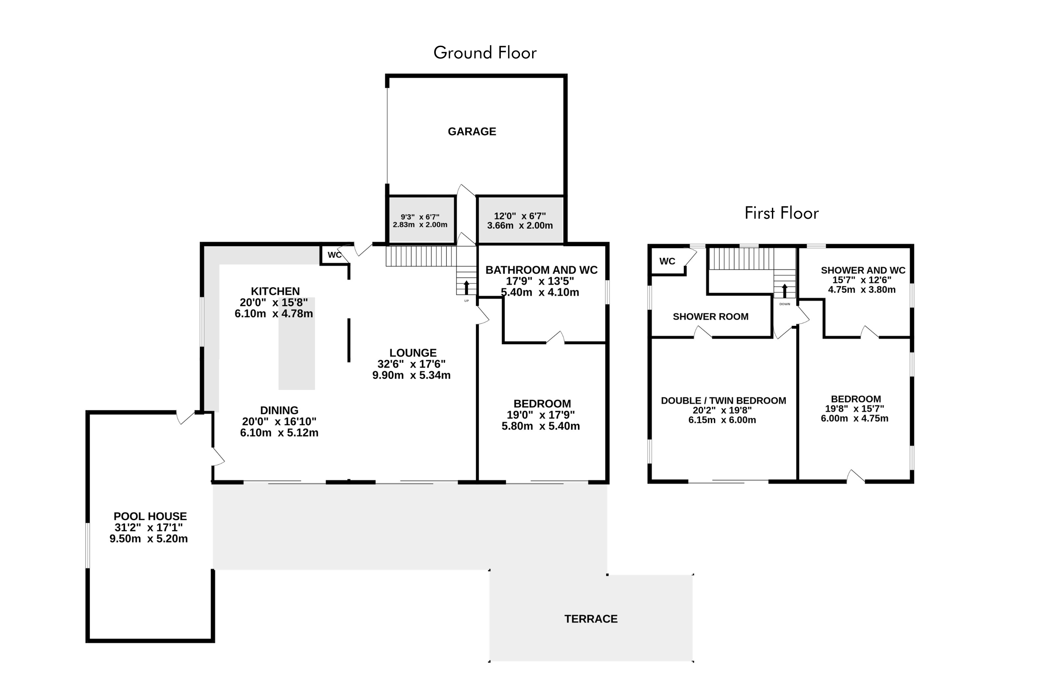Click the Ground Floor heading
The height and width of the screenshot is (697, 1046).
485,53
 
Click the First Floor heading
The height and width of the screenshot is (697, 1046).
781,213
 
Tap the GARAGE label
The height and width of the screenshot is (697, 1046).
472,132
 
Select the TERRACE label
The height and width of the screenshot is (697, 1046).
591,619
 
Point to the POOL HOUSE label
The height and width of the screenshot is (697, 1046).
150,517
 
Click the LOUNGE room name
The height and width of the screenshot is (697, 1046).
413,353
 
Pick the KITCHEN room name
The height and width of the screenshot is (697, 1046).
275,291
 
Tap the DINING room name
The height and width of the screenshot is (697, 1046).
279,411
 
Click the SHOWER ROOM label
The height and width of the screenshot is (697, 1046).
711,317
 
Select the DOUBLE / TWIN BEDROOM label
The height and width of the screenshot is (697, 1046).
723,401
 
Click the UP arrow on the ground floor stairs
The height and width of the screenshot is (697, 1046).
466,288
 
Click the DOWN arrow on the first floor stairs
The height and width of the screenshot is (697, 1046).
784,291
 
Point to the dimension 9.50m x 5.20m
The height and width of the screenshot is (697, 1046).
149,539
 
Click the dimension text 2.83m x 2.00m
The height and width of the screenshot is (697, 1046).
420,225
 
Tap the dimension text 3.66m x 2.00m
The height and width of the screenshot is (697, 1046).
520,226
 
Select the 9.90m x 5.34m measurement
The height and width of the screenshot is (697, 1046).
411,375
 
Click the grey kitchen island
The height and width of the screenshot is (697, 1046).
297,344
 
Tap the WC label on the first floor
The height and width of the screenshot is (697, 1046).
667,261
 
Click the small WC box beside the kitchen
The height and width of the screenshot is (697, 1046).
334,255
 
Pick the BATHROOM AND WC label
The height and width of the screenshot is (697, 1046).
541,270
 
